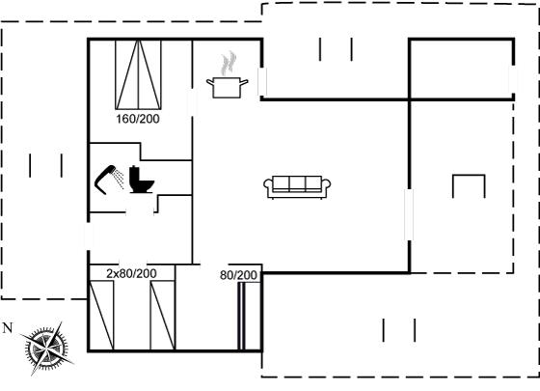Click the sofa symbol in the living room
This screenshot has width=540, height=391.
coord(297,187)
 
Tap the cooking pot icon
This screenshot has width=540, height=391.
coord(227,88)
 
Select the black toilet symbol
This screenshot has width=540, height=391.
coord(141,180)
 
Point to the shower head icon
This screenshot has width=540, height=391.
coord(105,180)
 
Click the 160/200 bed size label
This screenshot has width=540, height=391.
coord(138,119)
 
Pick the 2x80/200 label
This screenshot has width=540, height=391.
coord(131,273)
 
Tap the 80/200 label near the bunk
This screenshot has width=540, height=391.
coord(238,275)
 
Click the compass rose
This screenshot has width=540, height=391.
coord(46,349)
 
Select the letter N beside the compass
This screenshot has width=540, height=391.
coord(8,328)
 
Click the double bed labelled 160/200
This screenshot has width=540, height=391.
coord(138,75)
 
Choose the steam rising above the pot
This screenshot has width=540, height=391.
coord(229,63)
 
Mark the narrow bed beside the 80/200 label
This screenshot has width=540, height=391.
coord(250,317)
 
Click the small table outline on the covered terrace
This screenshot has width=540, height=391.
coord(469,176)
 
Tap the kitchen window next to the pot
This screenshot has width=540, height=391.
coord(262,82)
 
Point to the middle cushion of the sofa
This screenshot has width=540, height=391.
coord(297,183)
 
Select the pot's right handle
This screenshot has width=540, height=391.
coord(244,82)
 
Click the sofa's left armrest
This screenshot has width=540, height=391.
coord(268,185)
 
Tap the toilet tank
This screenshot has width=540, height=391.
coord(134,176)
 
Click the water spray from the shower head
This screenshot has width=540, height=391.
coord(120,179)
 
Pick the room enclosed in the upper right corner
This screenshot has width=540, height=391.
coord(462,70)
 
